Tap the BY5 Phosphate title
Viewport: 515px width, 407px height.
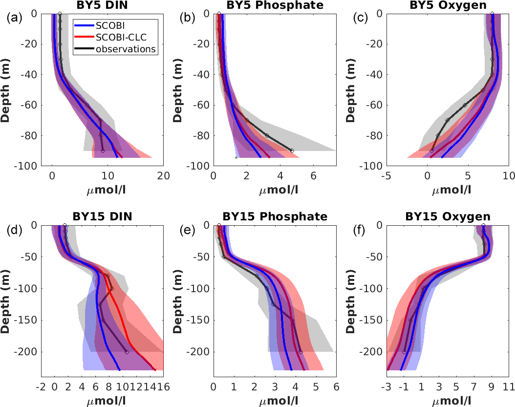coord(274,5)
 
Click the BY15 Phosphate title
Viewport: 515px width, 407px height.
coord(274,216)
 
